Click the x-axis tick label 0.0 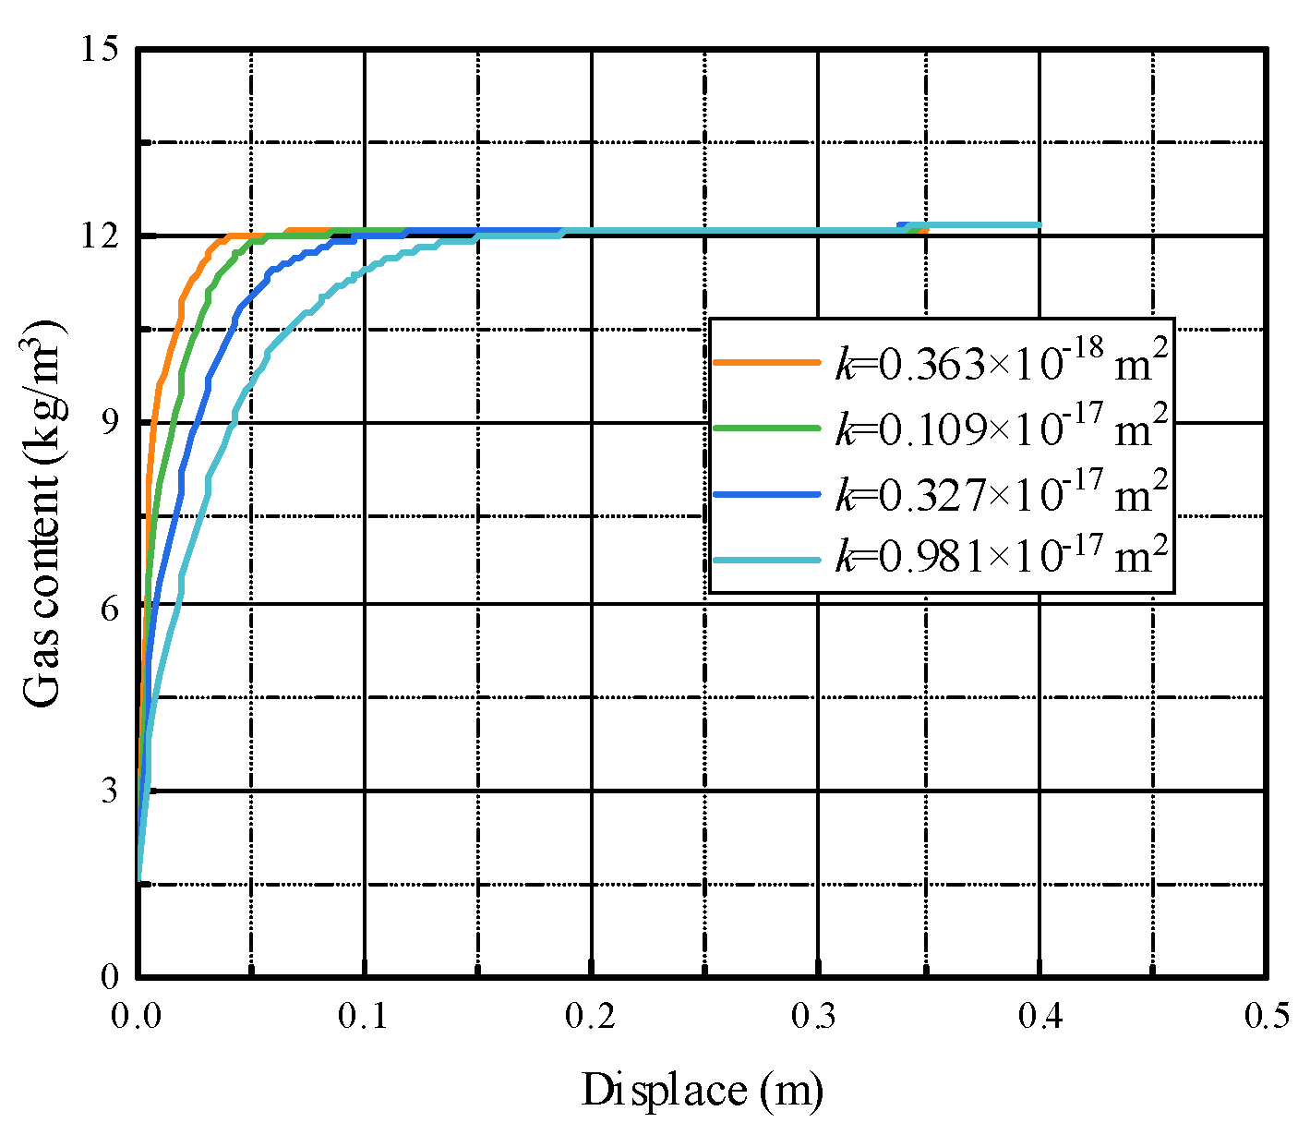(138, 1017)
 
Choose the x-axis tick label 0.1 (365, 1017)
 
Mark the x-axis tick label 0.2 (591, 1017)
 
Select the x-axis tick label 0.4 (1041, 1017)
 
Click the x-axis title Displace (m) (702, 1090)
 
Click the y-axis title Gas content (43, 513)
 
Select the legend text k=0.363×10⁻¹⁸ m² (1002, 362)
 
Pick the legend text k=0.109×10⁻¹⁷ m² (1002, 427)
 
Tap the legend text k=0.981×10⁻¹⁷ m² (1002, 557)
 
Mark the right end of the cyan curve (1040, 225)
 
